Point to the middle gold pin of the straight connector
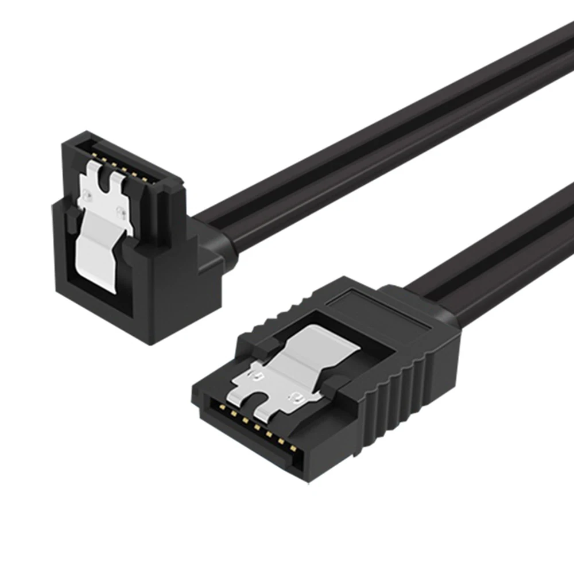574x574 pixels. (x=257, y=426)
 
